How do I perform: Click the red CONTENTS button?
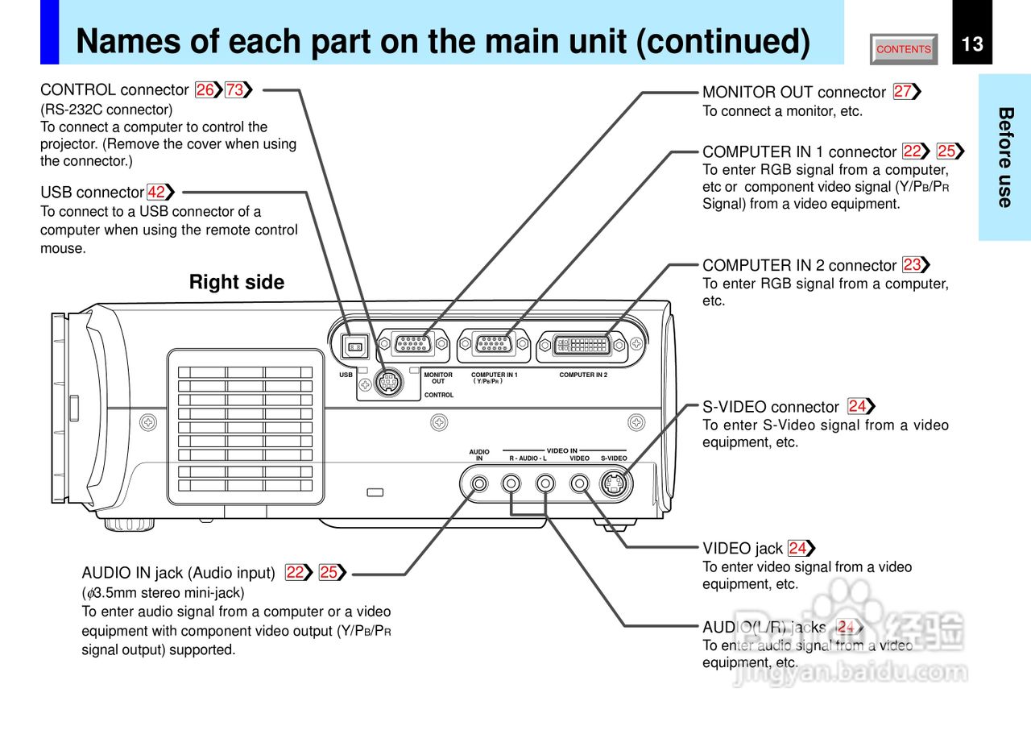(904, 49)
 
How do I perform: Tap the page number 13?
(972, 44)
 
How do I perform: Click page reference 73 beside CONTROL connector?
(235, 90)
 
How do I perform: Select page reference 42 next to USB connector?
(157, 193)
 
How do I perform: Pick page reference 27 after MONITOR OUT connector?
(903, 92)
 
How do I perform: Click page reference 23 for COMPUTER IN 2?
(912, 265)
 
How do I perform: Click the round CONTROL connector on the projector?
(389, 383)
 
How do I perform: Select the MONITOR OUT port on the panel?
(413, 344)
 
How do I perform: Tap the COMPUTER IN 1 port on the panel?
(493, 344)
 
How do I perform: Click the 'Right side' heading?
(237, 282)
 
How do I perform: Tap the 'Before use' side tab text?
(1004, 157)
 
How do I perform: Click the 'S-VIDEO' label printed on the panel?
(614, 458)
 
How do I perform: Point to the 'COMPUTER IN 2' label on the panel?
(583, 375)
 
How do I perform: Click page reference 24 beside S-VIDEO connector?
(857, 406)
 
